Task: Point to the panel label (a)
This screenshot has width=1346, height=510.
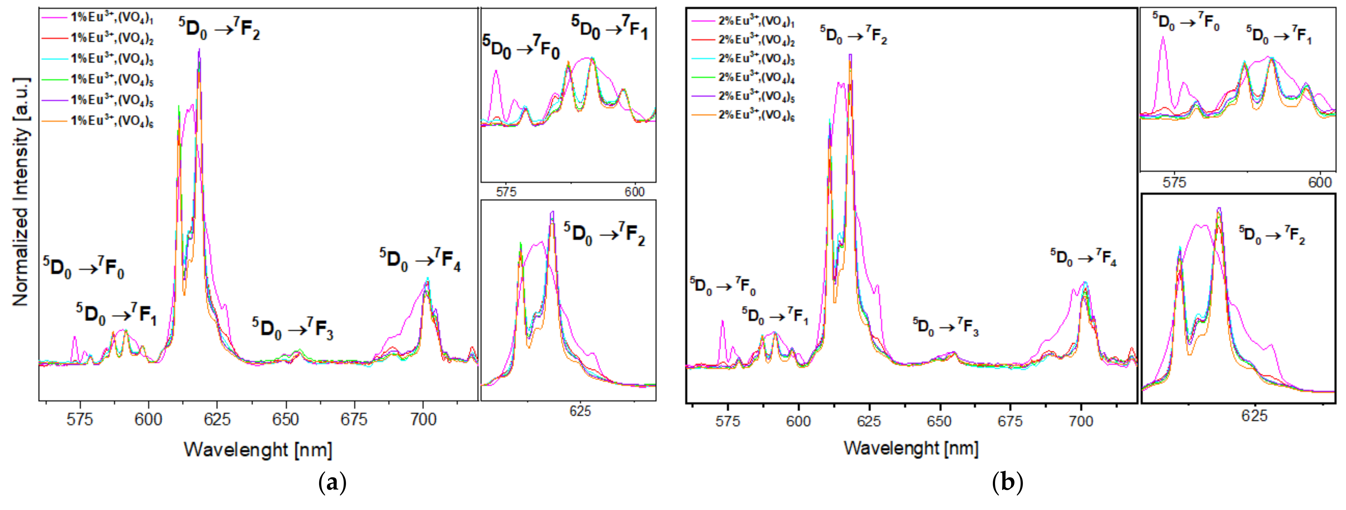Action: pyautogui.click(x=332, y=483)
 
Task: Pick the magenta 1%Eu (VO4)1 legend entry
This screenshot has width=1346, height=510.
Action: pyautogui.click(x=111, y=17)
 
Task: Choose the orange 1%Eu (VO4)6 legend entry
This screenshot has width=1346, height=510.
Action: pyautogui.click(x=111, y=121)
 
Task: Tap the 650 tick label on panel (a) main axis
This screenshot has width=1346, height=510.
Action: pyautogui.click(x=286, y=419)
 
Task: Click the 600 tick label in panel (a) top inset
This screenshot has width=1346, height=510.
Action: pyautogui.click(x=634, y=192)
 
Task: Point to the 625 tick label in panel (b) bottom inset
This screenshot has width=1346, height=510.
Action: pyautogui.click(x=1254, y=415)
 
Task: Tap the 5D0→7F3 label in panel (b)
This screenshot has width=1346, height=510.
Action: pyautogui.click(x=946, y=326)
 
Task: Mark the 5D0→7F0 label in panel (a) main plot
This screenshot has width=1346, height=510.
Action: pyautogui.click(x=84, y=268)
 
